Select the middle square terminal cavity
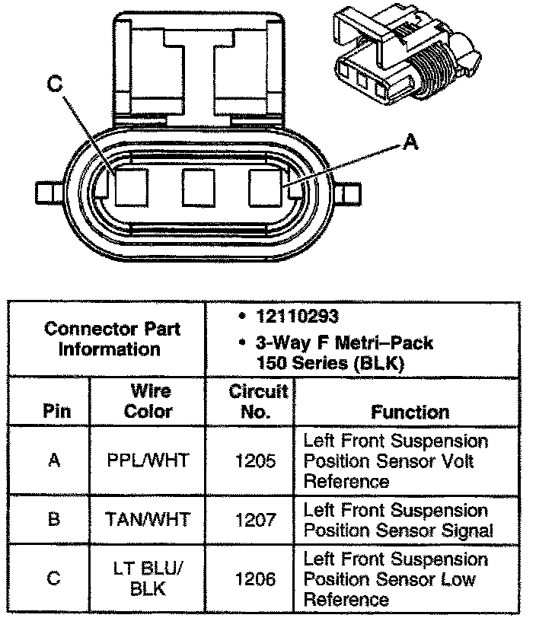tap(199, 187)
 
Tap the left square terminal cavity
tap(131, 187)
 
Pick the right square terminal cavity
tap(267, 187)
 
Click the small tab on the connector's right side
tap(349, 193)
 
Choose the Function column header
tap(410, 412)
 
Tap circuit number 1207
tap(250, 520)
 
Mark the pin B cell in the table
tap(53, 520)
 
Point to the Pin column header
tap(53, 412)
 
